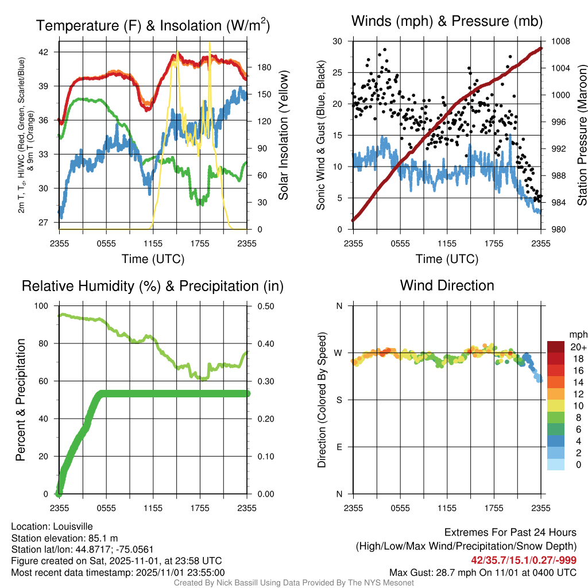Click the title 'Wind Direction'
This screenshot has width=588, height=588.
(447, 285)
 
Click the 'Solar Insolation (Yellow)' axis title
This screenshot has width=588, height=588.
(283, 135)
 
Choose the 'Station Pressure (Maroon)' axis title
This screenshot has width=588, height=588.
(581, 135)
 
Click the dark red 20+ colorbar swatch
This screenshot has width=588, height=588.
(556, 347)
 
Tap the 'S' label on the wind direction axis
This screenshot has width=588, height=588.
(339, 400)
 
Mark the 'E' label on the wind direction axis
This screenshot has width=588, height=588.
(339, 447)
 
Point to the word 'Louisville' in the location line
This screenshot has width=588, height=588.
(73, 526)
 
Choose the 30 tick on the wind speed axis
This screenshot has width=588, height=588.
(338, 41)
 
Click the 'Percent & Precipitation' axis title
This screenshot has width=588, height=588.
(21, 400)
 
